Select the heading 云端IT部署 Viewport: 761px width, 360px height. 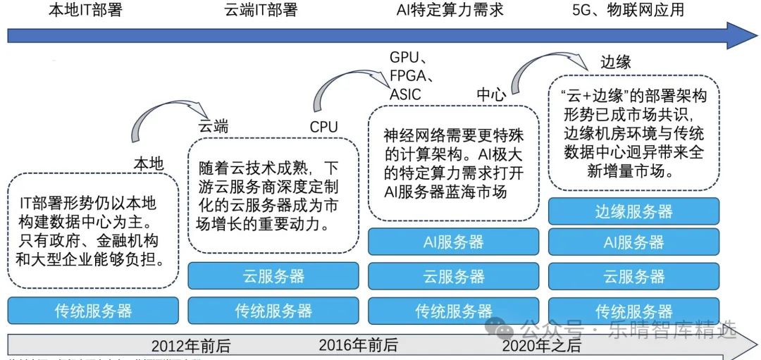(261, 10)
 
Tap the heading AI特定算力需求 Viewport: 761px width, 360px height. (451, 10)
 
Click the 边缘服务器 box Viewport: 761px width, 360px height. (633, 211)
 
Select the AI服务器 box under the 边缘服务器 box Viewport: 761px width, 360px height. (633, 242)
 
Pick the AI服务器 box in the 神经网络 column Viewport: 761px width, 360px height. (453, 242)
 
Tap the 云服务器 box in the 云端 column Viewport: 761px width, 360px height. (273, 276)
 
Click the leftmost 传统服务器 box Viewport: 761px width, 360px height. (93, 311)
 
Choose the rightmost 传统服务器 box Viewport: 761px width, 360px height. (633, 311)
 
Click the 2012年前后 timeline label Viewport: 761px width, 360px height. (190, 346)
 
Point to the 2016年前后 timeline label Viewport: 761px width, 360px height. (358, 345)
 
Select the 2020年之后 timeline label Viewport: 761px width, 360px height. (541, 345)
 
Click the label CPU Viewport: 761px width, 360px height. (323, 128)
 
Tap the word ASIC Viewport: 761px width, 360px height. (405, 94)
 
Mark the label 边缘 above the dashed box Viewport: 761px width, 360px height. (615, 62)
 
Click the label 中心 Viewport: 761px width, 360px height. (490, 95)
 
